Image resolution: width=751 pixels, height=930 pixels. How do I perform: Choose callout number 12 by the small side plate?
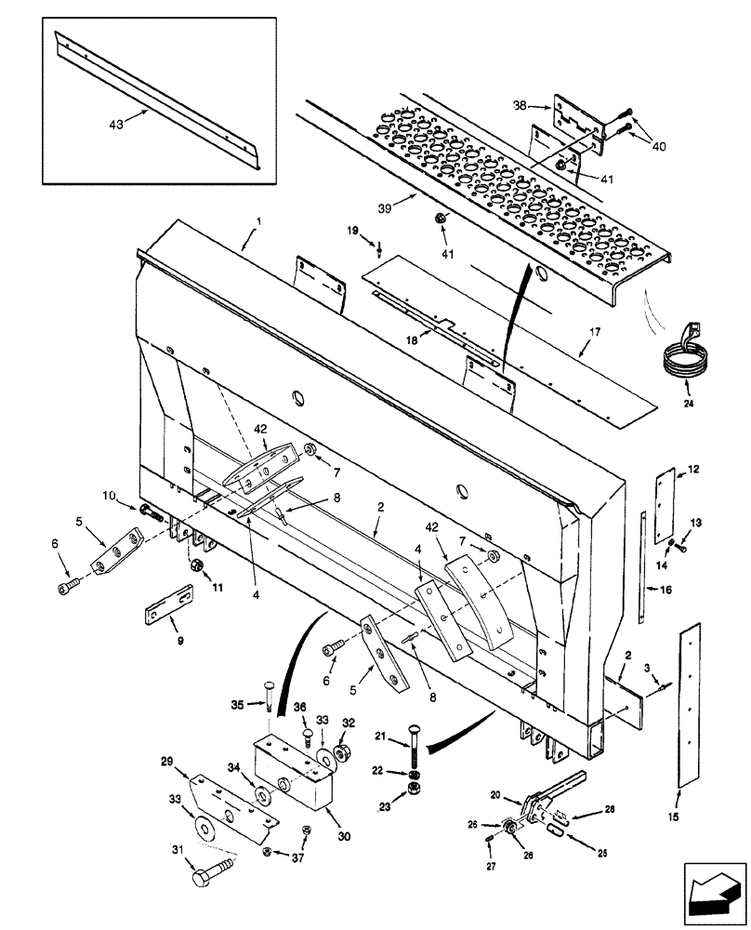coord(693,470)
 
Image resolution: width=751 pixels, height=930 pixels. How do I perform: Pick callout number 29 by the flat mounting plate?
coord(166,760)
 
